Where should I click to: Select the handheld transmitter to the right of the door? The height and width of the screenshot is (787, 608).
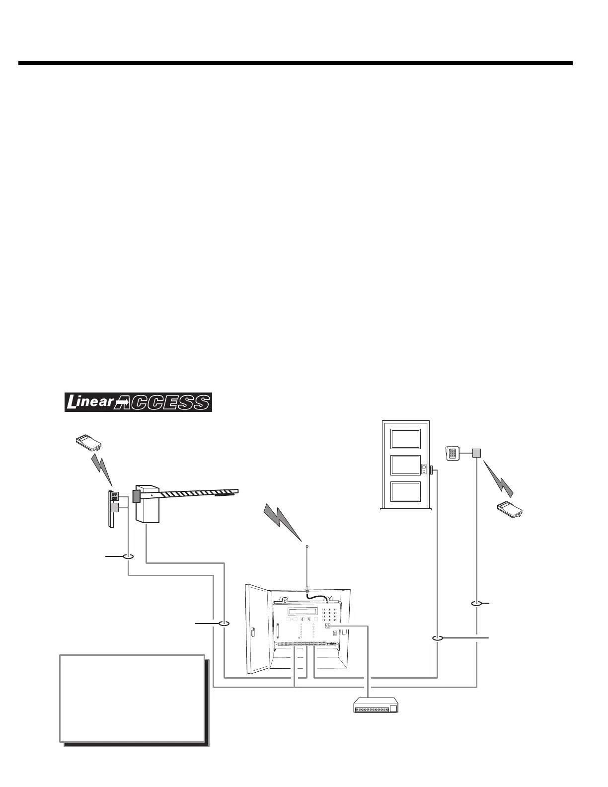[512, 510]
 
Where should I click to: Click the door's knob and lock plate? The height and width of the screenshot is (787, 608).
[424, 469]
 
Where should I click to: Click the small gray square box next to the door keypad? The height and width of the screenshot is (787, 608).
[476, 453]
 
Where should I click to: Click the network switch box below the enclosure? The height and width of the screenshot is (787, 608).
[376, 706]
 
